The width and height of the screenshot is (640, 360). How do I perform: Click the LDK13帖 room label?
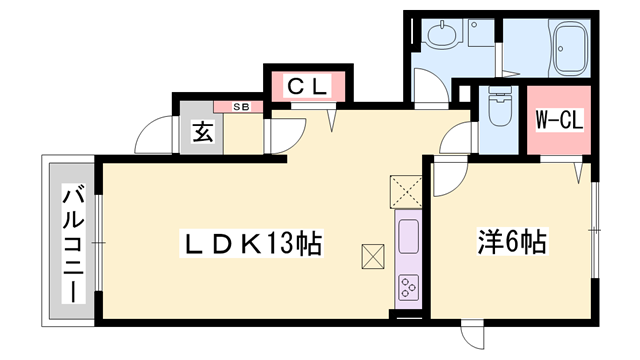[x=251, y=244]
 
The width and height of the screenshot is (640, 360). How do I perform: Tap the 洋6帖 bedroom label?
[x=512, y=242]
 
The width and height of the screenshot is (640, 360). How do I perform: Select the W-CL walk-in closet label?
[x=559, y=120]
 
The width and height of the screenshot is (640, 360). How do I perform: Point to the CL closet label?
[x=308, y=87]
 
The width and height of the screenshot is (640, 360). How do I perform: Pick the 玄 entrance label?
[x=203, y=132]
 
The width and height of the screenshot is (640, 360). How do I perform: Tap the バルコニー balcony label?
[x=73, y=243]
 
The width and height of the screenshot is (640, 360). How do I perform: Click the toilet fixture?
[x=498, y=106]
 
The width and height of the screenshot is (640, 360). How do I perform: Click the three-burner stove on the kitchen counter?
[x=409, y=287]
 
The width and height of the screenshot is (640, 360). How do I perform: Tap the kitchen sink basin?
[x=409, y=236]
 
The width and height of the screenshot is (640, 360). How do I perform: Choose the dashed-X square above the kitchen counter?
[x=406, y=191]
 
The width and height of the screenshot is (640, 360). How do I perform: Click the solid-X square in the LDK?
[x=373, y=256]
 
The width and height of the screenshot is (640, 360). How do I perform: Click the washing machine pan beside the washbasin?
[x=481, y=32]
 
